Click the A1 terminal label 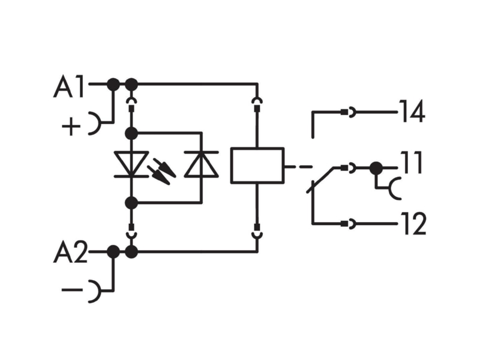(x=68, y=87)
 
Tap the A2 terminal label (x=70, y=253)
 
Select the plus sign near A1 (x=71, y=126)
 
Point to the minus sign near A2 (x=72, y=289)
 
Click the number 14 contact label (x=412, y=111)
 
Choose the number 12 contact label (x=413, y=223)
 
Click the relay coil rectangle (x=257, y=166)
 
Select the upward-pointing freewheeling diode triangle (x=202, y=164)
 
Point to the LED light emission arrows (x=161, y=171)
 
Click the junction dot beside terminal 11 (x=376, y=168)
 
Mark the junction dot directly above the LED (x=131, y=133)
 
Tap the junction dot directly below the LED (x=131, y=203)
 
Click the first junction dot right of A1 (x=113, y=84)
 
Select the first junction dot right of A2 (x=113, y=251)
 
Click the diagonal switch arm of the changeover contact (x=320, y=180)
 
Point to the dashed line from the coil (x=299, y=167)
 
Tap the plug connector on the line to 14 (x=349, y=112)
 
